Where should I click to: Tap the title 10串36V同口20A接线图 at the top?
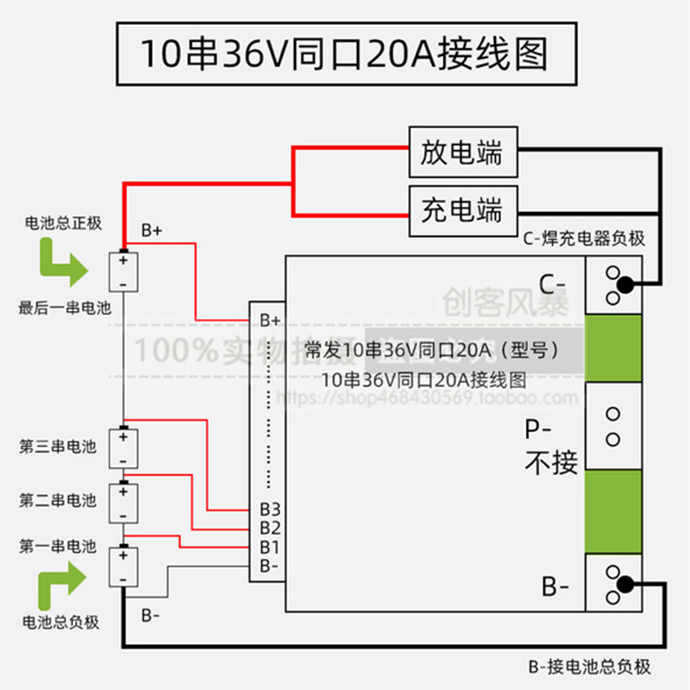[344, 53]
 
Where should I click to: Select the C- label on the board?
[551, 284]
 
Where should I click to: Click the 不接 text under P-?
[551, 462]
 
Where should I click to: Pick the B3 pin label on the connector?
[270, 509]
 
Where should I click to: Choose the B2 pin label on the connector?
[270, 527]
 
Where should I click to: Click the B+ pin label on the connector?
[270, 320]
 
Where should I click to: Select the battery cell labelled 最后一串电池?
[123, 272]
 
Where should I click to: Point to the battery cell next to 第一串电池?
[123, 567]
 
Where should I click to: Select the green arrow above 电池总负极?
[62, 583]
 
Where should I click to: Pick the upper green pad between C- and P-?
[614, 348]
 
